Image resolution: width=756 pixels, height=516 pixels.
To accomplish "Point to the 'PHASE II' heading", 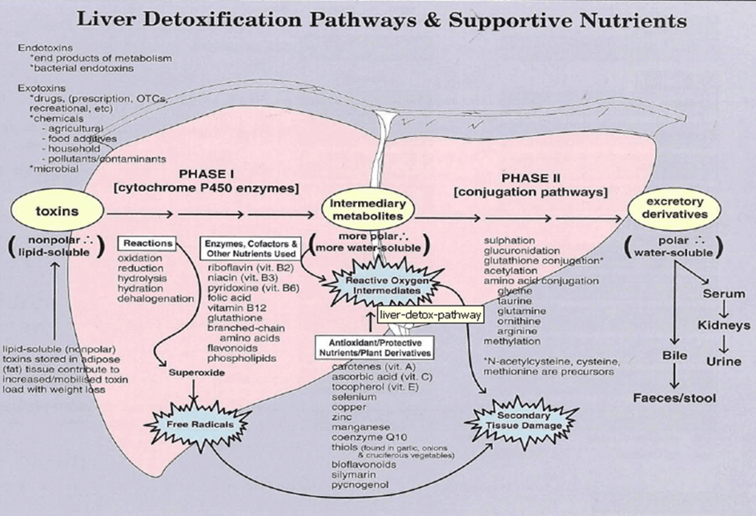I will pyautogui.click(x=535, y=177).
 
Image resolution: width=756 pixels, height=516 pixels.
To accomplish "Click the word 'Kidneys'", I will pyautogui.click(x=724, y=325).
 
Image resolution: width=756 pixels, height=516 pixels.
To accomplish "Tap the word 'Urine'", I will pyautogui.click(x=724, y=362).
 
